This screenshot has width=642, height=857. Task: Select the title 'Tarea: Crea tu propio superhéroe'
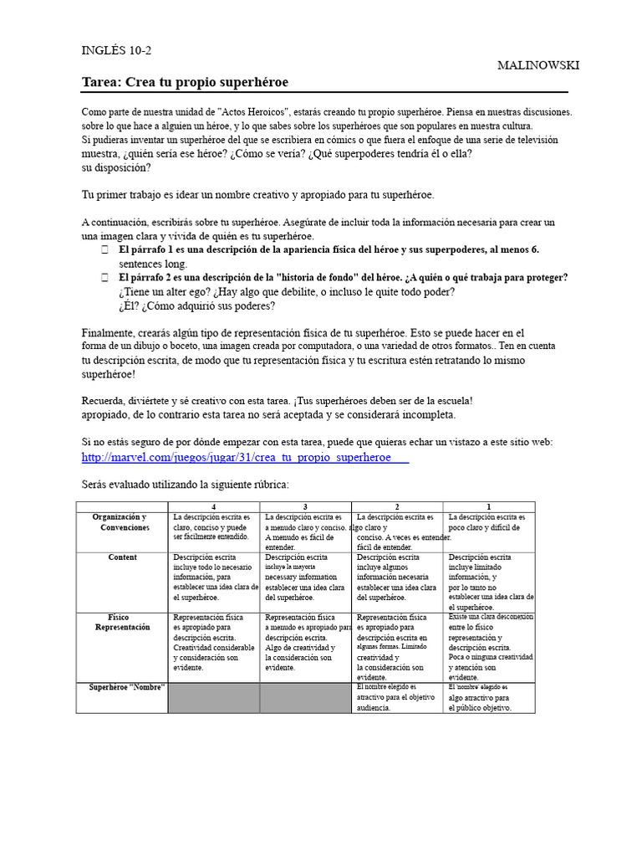pos(185,82)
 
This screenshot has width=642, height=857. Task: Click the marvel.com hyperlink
pos(245,458)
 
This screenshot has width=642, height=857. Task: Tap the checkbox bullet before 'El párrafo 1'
pos(104,250)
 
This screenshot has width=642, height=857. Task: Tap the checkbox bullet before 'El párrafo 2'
pos(104,277)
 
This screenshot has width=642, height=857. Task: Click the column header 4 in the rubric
pos(214,506)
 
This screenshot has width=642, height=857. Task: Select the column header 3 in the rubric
pos(306,506)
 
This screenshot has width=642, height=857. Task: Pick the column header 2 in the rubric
pos(398,506)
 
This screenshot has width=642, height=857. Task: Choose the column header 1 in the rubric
pos(489,506)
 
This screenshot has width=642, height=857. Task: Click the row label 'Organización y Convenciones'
pos(122,522)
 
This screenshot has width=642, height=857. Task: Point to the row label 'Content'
pos(123,557)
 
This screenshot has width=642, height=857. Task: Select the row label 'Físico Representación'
pos(122,621)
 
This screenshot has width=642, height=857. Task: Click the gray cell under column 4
pos(214,697)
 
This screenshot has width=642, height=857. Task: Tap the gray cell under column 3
pos(306,697)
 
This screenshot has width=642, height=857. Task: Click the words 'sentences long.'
pos(153,264)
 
